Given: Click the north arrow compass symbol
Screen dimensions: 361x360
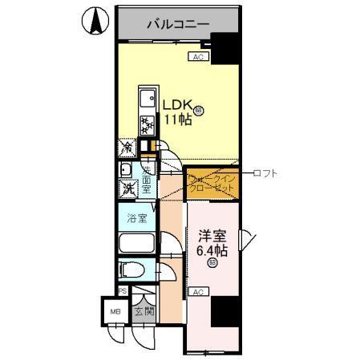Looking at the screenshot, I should (94, 21).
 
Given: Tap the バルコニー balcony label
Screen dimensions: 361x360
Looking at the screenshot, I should (178, 24).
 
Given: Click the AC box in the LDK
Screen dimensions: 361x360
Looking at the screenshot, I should (199, 57).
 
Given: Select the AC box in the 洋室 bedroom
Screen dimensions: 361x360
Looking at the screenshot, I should (199, 292).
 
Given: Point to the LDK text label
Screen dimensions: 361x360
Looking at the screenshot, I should (178, 105).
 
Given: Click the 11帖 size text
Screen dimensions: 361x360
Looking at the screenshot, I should (177, 120).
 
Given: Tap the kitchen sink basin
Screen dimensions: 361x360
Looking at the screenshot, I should (147, 101).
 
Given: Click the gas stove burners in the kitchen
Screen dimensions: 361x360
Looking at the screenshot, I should (147, 125).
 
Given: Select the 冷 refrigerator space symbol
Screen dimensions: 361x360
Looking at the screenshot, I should (127, 148).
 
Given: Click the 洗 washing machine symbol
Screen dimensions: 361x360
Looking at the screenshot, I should (127, 189).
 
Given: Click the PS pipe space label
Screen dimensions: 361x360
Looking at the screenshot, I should (122, 291).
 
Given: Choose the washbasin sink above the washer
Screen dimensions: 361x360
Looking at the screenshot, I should (126, 170).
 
